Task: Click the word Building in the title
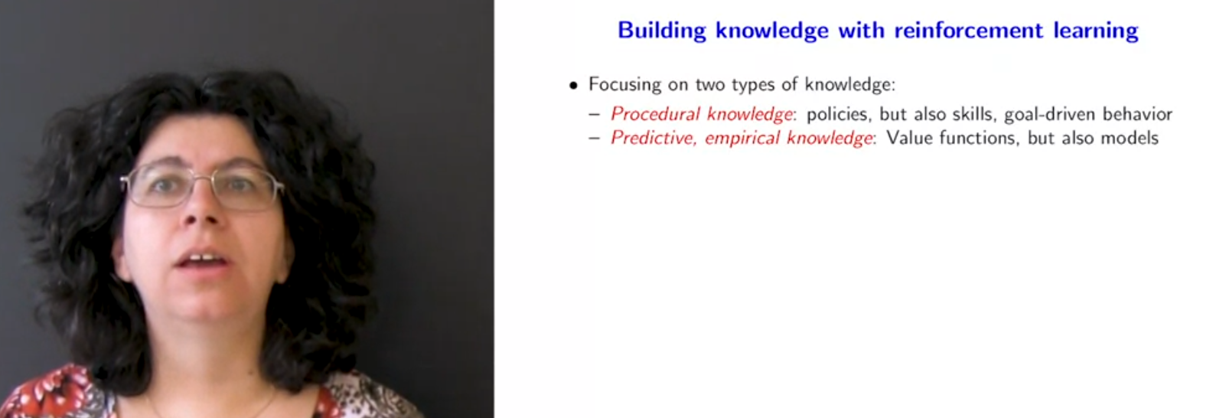tap(662, 31)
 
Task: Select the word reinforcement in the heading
tap(969, 30)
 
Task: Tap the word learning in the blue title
tap(1096, 31)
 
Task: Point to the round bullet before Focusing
tap(573, 85)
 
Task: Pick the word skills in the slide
tap(975, 114)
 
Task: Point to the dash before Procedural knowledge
tap(595, 115)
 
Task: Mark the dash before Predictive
tap(595, 139)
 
